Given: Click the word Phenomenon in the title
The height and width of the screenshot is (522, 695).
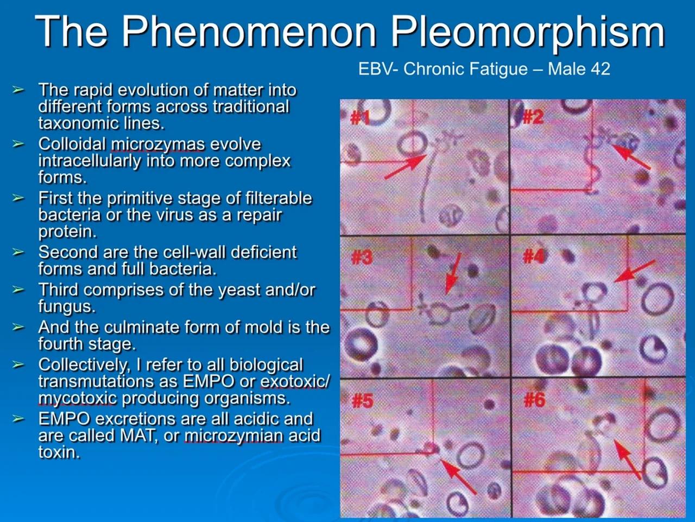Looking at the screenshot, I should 248,32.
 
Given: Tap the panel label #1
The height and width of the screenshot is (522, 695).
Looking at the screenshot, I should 359,117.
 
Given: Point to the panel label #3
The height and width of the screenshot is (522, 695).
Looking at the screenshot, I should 362,257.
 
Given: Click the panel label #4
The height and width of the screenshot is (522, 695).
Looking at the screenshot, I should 534,256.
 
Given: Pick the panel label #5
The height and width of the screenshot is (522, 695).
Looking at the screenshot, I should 363,401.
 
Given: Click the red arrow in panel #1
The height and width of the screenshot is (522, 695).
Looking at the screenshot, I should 405,166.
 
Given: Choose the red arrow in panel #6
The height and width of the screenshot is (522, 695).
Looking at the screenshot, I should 627,458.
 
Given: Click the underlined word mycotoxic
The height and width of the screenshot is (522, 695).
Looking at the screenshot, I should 77,398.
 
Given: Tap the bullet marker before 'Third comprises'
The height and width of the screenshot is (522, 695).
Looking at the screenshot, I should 18,290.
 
